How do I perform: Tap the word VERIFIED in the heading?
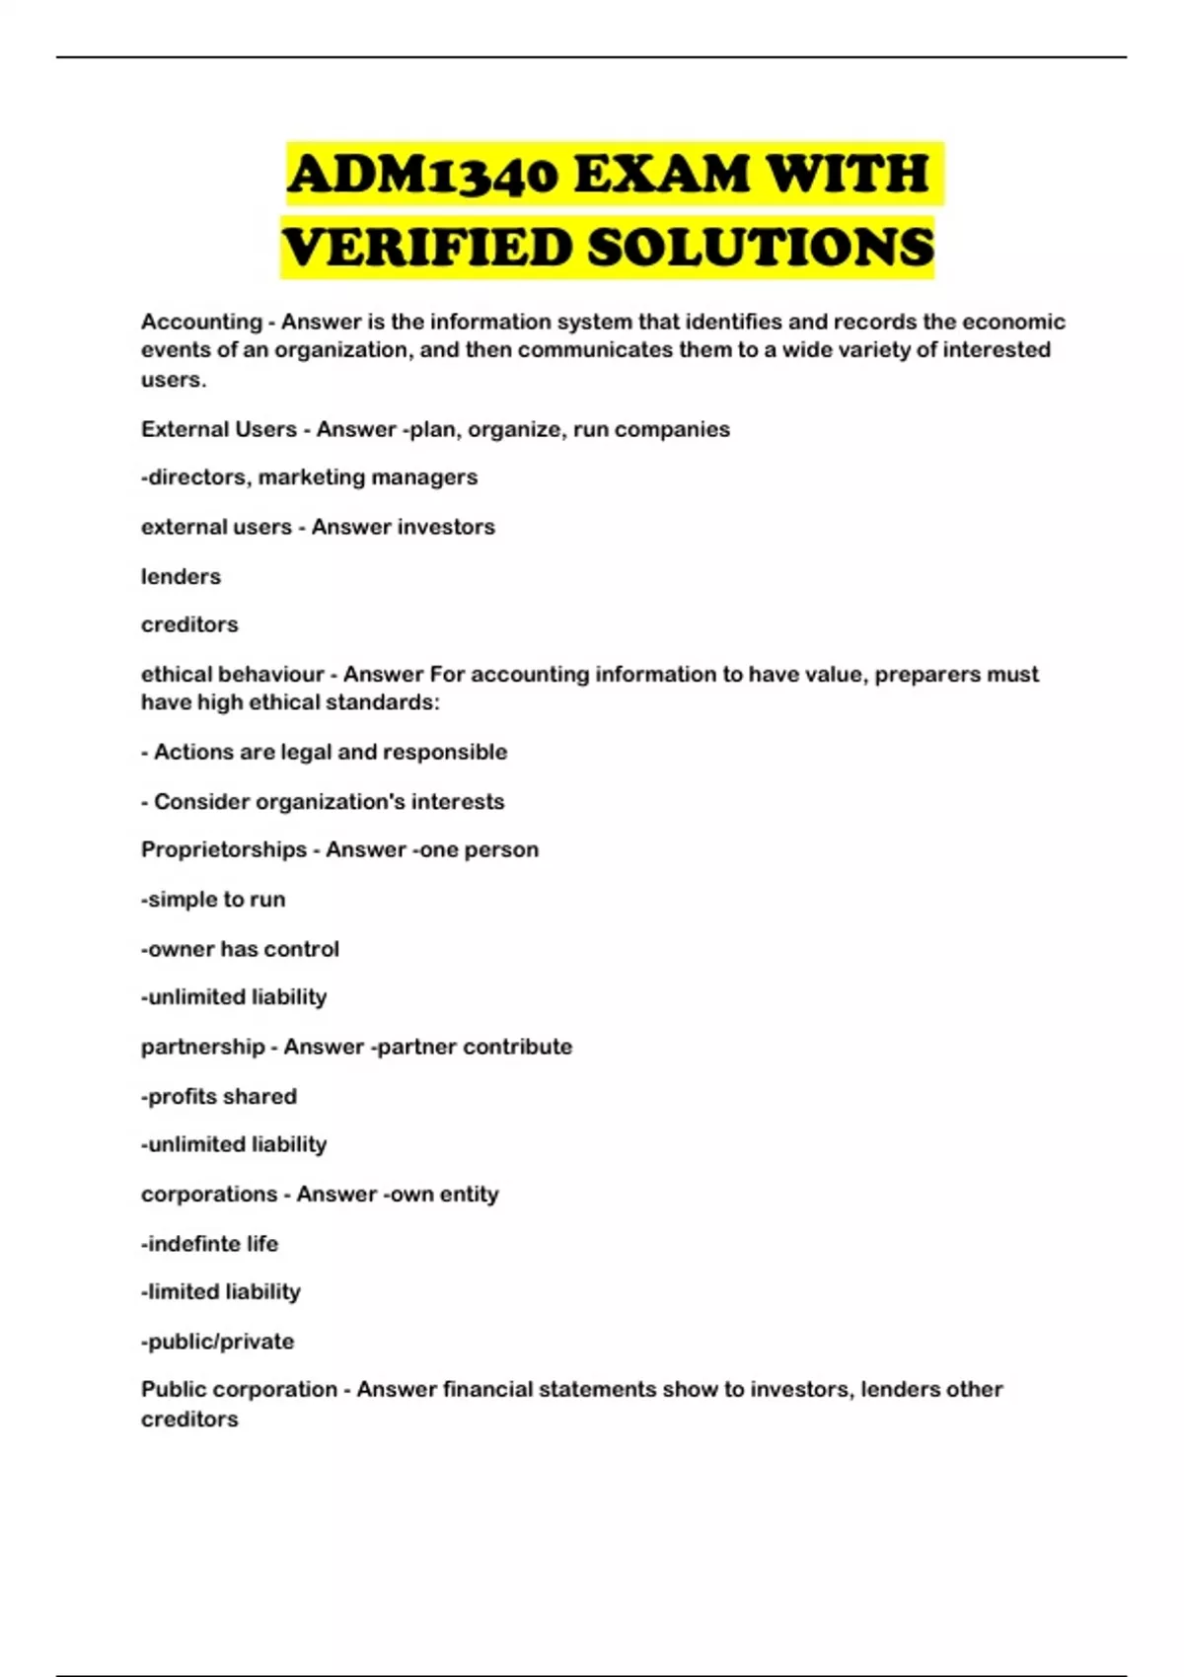426,247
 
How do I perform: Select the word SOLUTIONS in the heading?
760,247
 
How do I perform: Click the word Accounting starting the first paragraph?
201,322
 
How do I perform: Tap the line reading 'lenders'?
181,576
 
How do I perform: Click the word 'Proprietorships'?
224,850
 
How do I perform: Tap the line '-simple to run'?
213,900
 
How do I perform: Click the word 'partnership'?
202,1047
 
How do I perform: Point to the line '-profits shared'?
219,1096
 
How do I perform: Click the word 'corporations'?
209,1194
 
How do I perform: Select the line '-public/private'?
218,1342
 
